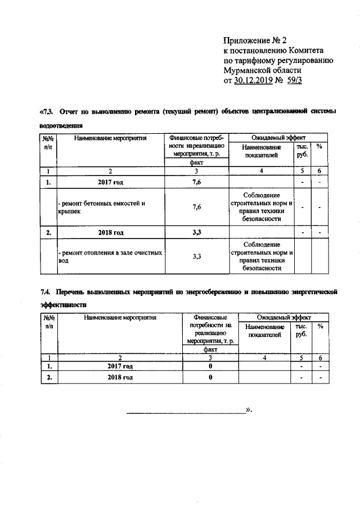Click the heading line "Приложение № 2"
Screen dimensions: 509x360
(x=255, y=40)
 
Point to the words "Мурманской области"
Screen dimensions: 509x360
(x=262, y=71)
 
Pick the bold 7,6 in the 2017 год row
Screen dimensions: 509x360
(x=197, y=182)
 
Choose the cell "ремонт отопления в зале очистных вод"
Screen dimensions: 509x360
(x=111, y=256)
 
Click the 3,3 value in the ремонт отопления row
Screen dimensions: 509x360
(x=197, y=256)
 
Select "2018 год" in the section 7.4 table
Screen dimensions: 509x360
(x=120, y=377)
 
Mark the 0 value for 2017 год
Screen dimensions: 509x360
(x=210, y=366)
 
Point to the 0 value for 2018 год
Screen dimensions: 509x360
(x=210, y=377)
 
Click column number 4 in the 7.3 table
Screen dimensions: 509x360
(x=262, y=171)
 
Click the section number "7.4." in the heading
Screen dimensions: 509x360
(x=47, y=292)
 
